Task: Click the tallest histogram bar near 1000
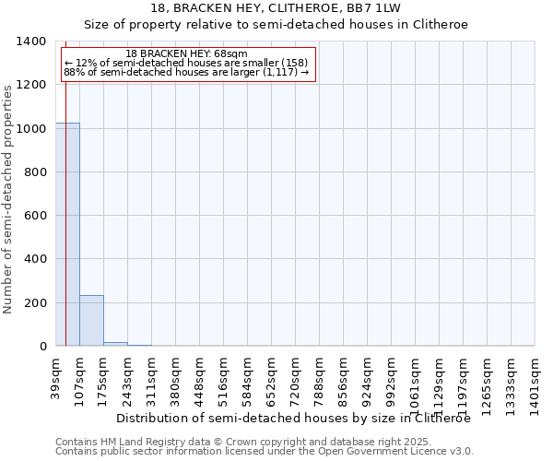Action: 67,234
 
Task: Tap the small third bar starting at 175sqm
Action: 115,344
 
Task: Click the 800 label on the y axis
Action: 37,172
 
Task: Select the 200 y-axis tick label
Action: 37,303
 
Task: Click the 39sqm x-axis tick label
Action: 56,377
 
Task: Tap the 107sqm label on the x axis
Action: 80,377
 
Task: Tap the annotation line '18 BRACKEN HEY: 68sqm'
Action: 187,54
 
